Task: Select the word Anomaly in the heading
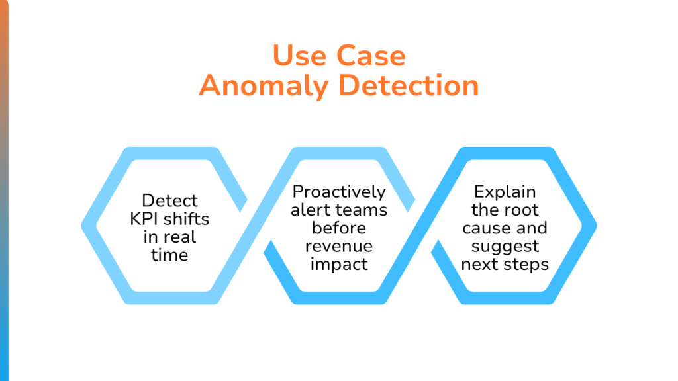263,87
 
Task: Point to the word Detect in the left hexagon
169,200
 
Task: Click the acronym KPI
144,219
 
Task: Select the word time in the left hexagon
169,255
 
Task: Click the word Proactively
339,192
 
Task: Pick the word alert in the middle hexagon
309,210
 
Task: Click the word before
339,228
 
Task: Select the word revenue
339,247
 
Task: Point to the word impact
339,265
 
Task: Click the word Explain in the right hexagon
505,192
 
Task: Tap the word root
523,210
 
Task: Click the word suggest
505,247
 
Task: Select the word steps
526,265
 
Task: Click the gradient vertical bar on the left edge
4,190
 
